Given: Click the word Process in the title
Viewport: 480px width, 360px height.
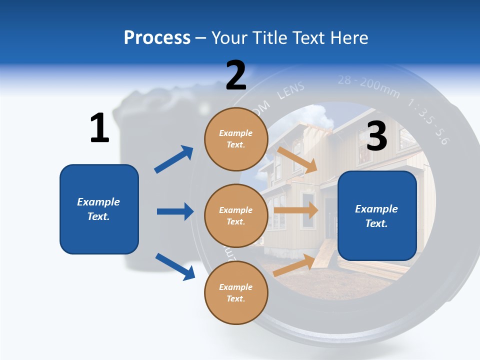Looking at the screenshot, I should point(157,38).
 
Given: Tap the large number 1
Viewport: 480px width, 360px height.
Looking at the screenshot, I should point(99,128).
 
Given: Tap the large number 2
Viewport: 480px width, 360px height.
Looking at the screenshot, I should point(236,76).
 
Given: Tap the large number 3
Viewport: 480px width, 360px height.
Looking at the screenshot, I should point(376,136).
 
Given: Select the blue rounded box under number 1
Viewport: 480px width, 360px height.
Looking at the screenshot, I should point(99,209).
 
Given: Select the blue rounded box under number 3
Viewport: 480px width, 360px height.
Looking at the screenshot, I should point(377,216).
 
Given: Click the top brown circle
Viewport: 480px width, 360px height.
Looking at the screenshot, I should point(236,138).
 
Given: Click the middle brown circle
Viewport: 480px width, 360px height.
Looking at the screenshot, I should point(236,215).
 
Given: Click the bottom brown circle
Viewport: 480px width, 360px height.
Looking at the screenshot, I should point(236,292).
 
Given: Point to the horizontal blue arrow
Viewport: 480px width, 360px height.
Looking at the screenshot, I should point(175,211).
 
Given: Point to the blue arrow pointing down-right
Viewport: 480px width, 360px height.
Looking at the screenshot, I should point(175,266).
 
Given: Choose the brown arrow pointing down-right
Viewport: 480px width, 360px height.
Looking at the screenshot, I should point(297,159).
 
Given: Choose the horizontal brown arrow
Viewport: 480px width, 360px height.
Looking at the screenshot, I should point(295,210).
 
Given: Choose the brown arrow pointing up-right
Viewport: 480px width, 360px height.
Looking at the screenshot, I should point(294,265).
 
